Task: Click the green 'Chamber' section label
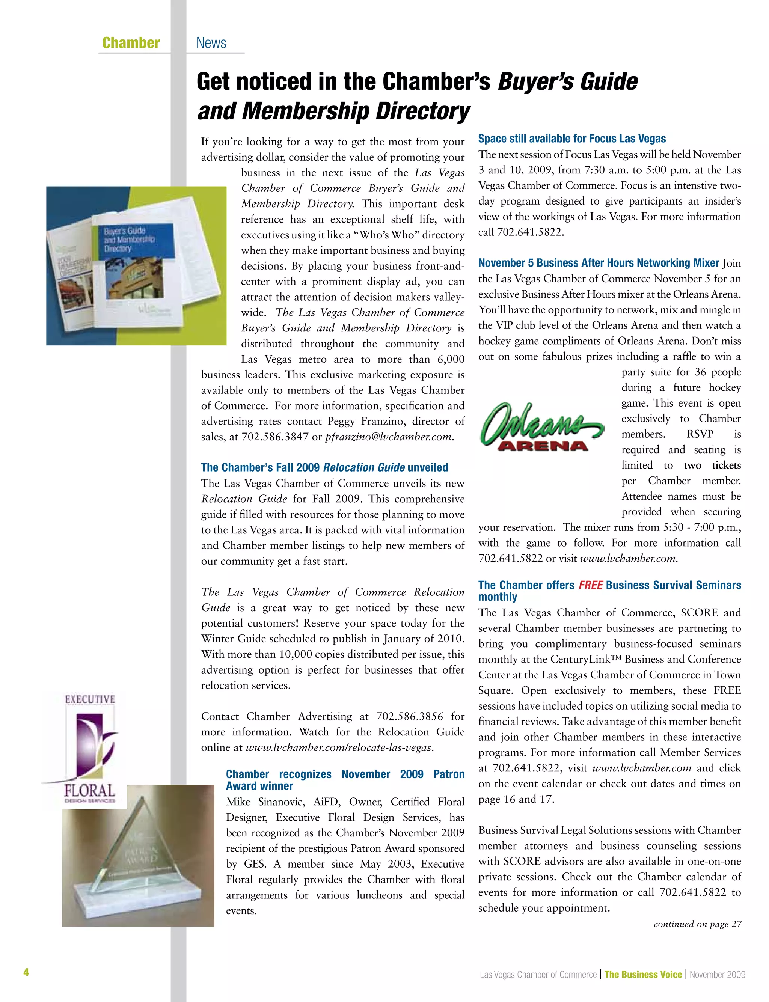131,43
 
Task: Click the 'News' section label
211,43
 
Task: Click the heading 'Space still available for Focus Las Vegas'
572,139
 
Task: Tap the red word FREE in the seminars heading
591,585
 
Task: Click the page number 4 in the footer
26,972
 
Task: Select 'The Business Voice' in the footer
643,974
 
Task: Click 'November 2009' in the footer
717,974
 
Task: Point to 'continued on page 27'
697,924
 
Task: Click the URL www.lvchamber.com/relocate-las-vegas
339,747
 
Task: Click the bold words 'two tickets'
712,465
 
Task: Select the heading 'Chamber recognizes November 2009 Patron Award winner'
345,780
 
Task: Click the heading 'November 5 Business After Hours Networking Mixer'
598,263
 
